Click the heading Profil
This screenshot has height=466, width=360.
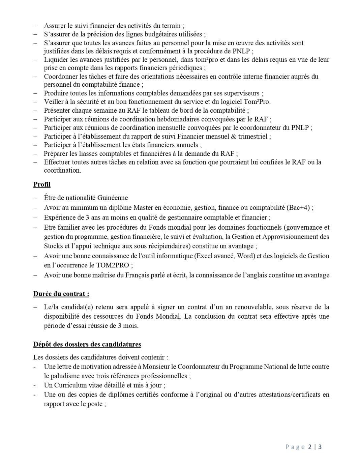[x=42, y=184]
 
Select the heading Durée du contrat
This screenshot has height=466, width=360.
[x=61, y=294]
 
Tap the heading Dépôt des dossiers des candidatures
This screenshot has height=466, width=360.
[x=87, y=344]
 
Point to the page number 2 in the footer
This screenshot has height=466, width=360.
[x=310, y=447]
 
